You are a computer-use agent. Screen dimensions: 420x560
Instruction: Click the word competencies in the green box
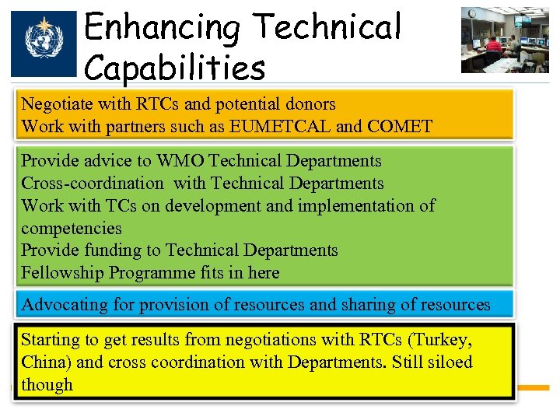tap(72, 229)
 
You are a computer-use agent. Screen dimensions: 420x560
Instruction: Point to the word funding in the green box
tap(108, 250)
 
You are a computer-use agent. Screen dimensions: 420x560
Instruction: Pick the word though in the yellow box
tap(47, 385)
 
